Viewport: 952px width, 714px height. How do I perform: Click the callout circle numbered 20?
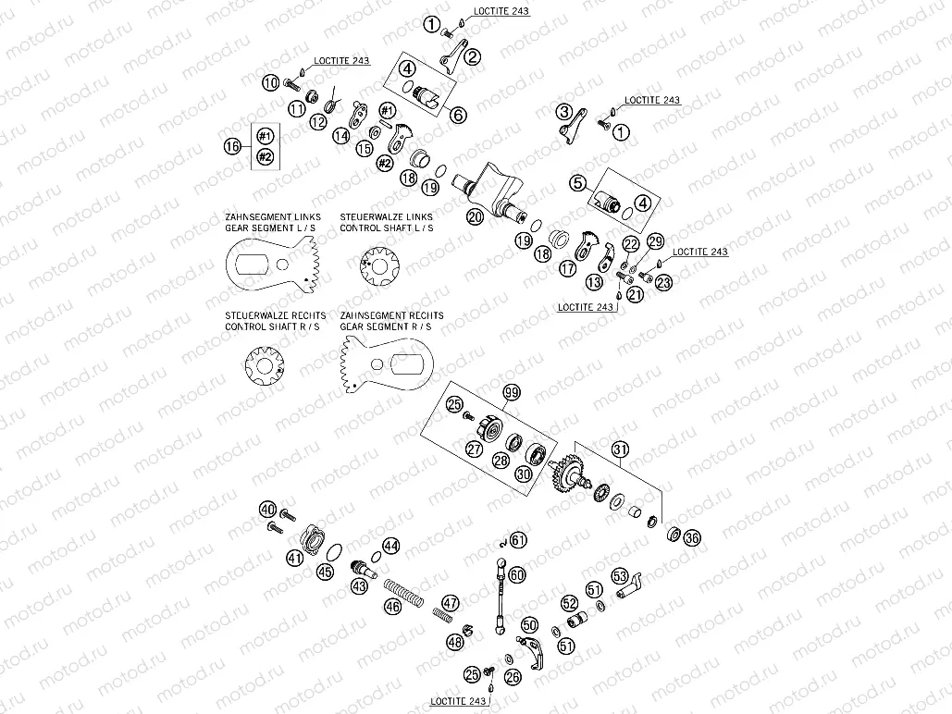pyautogui.click(x=475, y=217)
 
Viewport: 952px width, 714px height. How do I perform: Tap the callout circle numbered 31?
pyautogui.click(x=619, y=450)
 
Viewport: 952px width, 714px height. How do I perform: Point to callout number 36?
pyautogui.click(x=692, y=537)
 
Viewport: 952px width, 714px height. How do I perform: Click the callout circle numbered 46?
pyautogui.click(x=393, y=607)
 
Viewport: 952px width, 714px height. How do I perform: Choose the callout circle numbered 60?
pyautogui.click(x=516, y=574)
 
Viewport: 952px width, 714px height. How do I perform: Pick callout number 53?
pyautogui.click(x=619, y=575)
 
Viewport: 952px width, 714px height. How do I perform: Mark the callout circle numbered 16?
pyautogui.click(x=232, y=146)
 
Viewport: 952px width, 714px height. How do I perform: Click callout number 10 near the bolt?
pyautogui.click(x=270, y=83)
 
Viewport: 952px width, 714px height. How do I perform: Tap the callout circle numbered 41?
pyautogui.click(x=294, y=558)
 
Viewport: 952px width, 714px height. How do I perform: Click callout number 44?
pyautogui.click(x=390, y=547)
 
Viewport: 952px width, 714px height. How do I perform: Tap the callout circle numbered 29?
pyautogui.click(x=655, y=241)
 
